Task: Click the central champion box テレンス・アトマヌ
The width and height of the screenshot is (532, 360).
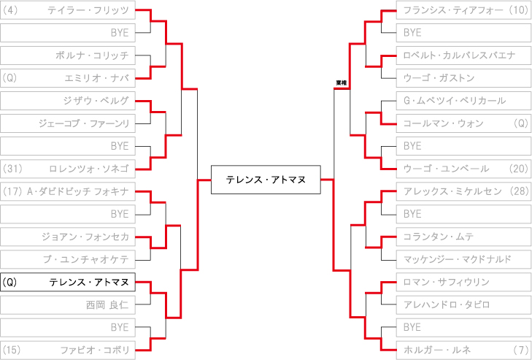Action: pos(266,180)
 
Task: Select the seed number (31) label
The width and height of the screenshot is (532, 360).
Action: pos(15,169)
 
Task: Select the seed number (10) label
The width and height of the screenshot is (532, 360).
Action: pos(517,10)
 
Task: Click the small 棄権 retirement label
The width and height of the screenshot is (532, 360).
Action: pos(341,83)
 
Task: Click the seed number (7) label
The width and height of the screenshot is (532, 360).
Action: pos(520,349)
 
